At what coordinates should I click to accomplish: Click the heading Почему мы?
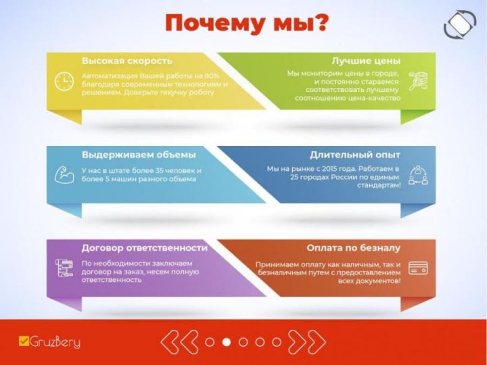coord(246,24)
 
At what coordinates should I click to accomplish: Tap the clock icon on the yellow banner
coord(64,82)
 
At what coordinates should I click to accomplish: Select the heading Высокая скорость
coord(127,61)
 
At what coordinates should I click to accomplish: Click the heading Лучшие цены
coord(366,61)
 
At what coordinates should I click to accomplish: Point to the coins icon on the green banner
coord(418,80)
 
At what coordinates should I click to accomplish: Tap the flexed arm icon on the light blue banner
coord(64,175)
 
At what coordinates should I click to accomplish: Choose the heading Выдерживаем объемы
coord(139,155)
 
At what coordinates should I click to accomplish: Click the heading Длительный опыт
coord(355,155)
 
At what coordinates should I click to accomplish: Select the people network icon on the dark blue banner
coord(418,175)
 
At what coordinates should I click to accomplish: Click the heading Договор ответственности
coord(145,248)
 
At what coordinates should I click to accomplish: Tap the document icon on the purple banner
coord(64,268)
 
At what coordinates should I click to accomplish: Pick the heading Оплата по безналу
coord(354,248)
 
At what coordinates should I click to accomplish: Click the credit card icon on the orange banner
coord(418,268)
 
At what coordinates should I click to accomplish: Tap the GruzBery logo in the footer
coord(49,342)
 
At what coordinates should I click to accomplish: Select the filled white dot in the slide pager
coord(227,342)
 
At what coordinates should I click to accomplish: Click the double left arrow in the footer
coord(179,342)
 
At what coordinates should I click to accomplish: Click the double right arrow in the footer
coord(307,342)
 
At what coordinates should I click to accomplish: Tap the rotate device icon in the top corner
coord(460,25)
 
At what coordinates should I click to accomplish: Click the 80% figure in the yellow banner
coord(212,76)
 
